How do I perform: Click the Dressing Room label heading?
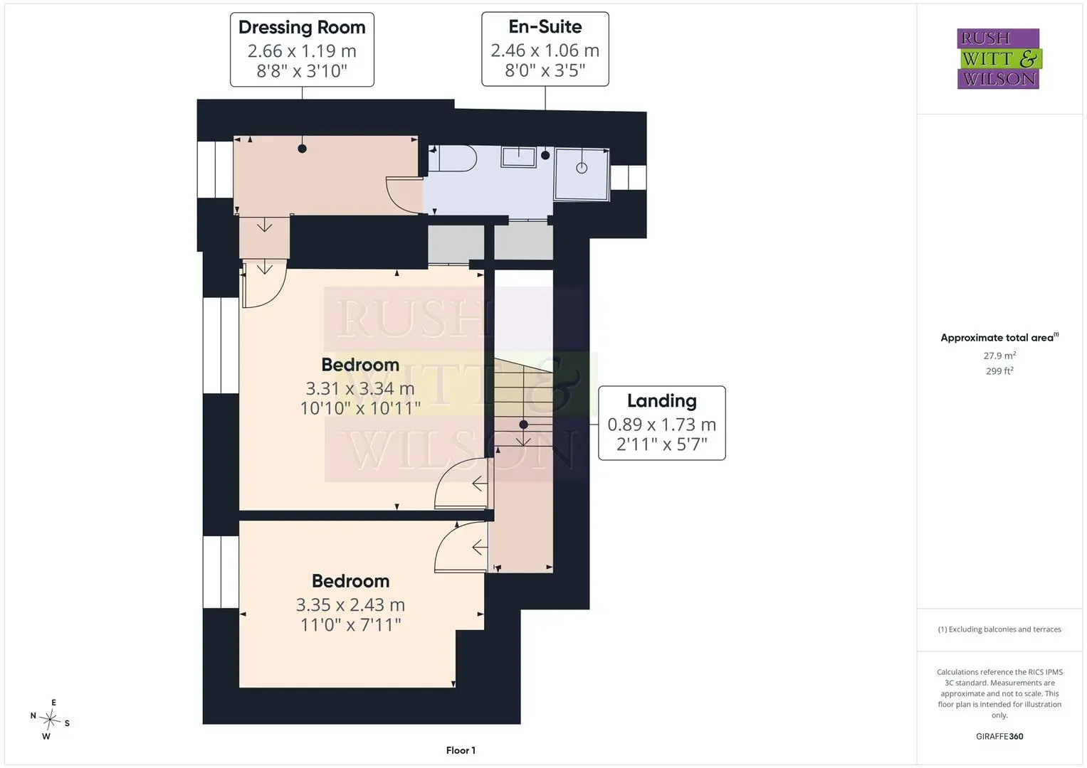click(x=302, y=28)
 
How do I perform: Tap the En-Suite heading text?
click(x=545, y=27)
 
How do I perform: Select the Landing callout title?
click(x=662, y=401)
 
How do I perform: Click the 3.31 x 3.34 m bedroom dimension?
click(x=360, y=388)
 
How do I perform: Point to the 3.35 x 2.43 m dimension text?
click(x=350, y=604)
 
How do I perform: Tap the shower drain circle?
click(x=582, y=169)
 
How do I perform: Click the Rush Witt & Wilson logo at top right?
click(x=999, y=58)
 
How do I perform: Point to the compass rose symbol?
click(x=50, y=719)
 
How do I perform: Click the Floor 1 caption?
click(x=461, y=750)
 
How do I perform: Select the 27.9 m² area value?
click(x=999, y=356)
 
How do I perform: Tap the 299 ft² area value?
click(x=999, y=371)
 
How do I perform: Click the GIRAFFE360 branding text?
click(x=999, y=737)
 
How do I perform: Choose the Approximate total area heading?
click(x=999, y=338)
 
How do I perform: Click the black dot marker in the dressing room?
click(x=303, y=149)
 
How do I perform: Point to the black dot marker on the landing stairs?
click(x=524, y=425)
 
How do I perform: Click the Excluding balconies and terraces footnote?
click(x=999, y=629)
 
